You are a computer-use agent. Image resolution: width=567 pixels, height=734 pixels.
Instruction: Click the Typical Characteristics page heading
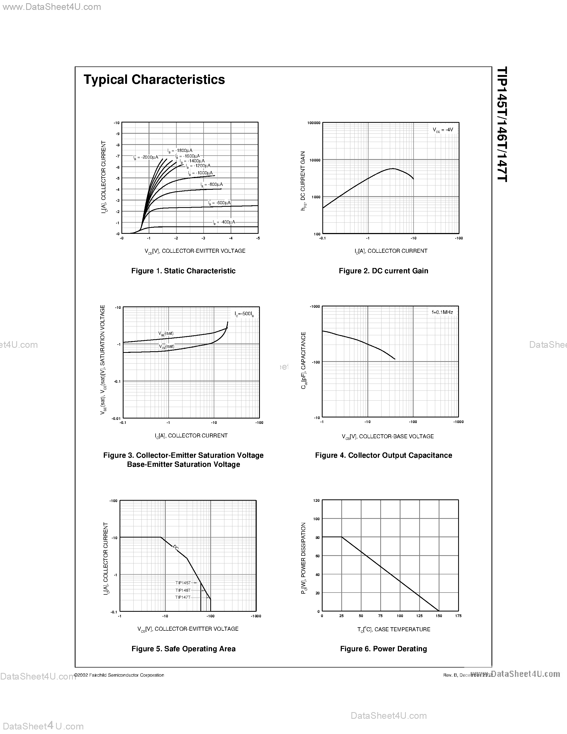[x=154, y=80]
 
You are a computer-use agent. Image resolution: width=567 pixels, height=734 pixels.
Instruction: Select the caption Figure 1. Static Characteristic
[x=183, y=271]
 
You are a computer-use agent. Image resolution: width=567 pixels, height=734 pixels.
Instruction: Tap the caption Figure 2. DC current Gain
[x=383, y=271]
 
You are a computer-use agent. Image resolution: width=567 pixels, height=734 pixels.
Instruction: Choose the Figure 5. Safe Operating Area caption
[x=183, y=649]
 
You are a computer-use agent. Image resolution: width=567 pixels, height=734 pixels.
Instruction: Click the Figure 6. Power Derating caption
[x=383, y=649]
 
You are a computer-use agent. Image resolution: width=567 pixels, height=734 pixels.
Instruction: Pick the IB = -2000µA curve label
[x=145, y=157]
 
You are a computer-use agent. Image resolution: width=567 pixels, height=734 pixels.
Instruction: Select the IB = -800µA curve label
[x=212, y=184]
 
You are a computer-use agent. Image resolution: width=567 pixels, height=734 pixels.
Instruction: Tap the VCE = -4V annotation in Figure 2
[x=443, y=130]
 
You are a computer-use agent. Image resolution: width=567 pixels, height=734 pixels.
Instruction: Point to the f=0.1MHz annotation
[x=442, y=312]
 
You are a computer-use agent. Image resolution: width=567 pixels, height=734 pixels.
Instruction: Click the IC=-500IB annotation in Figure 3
[x=244, y=314]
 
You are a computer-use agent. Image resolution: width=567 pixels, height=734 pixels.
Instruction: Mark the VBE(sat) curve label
[x=166, y=333]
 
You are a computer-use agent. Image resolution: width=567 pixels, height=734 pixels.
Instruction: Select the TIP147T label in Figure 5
[x=183, y=597]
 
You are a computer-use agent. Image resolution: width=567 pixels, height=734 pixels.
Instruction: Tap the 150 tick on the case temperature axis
[x=439, y=616]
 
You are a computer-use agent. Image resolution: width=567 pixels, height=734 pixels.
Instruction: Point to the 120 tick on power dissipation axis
[x=316, y=500]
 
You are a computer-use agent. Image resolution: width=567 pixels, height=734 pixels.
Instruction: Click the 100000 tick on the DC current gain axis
[x=314, y=123]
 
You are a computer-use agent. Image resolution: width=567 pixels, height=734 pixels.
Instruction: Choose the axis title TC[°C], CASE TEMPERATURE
[x=394, y=629]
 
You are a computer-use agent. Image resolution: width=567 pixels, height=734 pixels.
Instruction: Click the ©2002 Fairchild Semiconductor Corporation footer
[x=119, y=675]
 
